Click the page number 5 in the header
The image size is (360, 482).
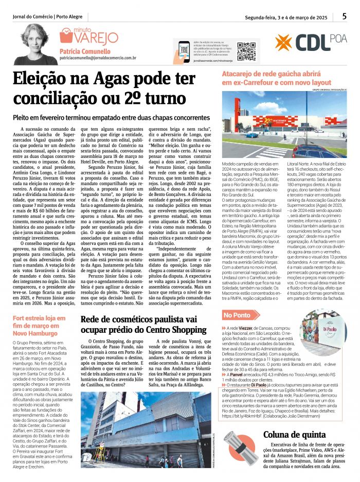point(344,16)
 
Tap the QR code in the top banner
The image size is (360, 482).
point(246,51)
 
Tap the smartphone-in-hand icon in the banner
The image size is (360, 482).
point(184,51)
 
